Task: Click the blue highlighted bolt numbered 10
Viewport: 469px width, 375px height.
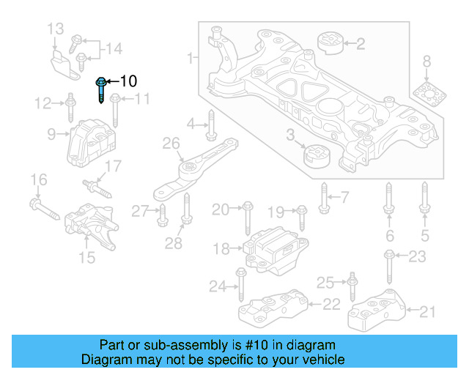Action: (100, 91)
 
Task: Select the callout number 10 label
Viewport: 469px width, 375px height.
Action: (128, 81)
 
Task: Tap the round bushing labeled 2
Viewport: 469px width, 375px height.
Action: (330, 43)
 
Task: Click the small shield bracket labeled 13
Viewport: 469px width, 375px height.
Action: (63, 61)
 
